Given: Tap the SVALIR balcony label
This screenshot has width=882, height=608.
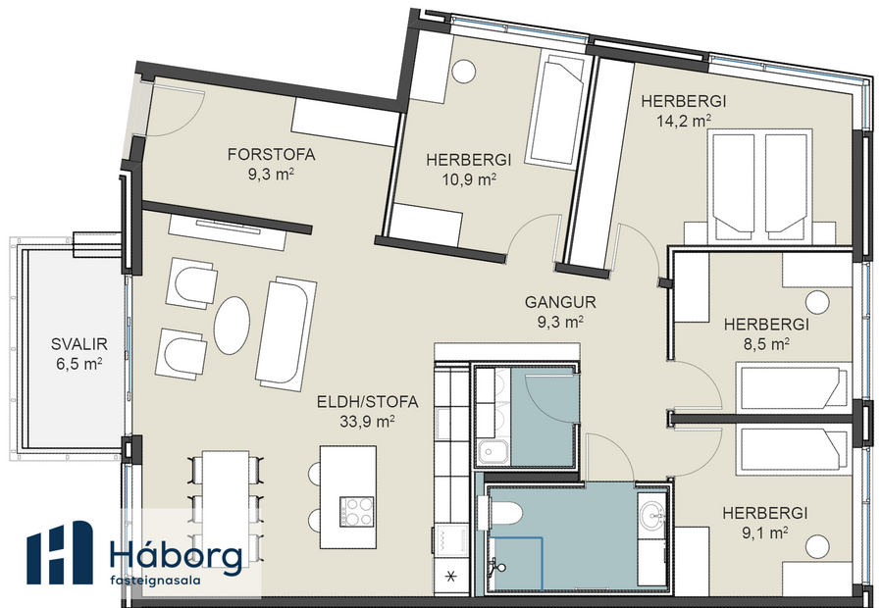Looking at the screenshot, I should point(78,344).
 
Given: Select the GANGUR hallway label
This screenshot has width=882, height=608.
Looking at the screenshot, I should point(560,303).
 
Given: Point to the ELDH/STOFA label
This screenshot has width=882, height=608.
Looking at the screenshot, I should point(368,401).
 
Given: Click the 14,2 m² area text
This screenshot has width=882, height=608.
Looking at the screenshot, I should point(683,122).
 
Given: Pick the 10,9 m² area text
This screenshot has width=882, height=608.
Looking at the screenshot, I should point(460,179).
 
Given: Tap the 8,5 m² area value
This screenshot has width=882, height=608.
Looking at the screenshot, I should point(764,344).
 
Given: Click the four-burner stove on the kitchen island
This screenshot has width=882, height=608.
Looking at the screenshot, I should point(356,511).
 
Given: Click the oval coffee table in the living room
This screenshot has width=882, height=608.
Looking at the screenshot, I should point(233,325).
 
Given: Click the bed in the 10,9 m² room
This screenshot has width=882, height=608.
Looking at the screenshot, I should point(555,110).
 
